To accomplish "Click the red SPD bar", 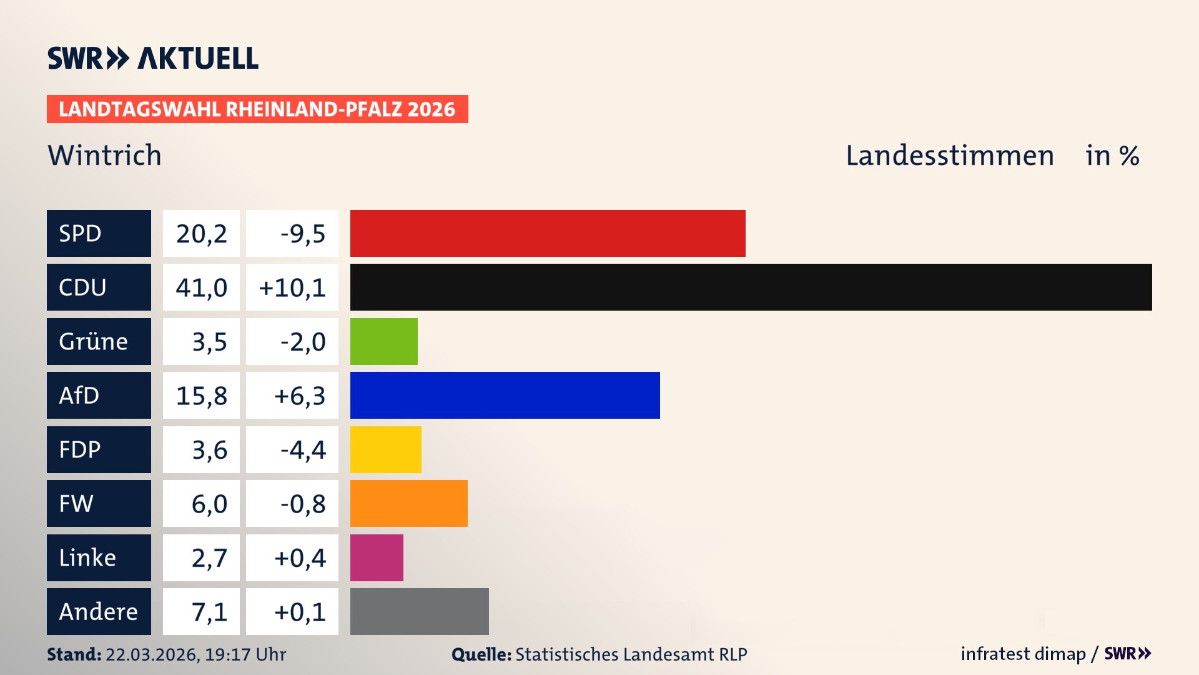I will point(548,233).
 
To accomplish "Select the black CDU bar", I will point(751,287).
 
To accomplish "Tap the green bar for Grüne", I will point(383,341).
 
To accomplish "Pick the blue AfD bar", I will point(505,395).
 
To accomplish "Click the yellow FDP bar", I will point(385,449).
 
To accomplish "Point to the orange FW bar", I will point(408,503).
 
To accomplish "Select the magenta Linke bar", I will point(377,557).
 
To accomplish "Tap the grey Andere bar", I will point(419,611).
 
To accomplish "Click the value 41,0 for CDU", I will point(201,287).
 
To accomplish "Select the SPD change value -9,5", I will point(302,234).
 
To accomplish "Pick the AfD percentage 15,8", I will point(201,396).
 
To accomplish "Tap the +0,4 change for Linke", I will point(300,558).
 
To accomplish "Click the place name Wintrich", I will point(104,155).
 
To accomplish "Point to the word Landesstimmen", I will point(949,156).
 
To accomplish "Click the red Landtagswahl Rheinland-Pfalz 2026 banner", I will point(257,109).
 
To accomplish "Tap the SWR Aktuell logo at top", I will point(152,58).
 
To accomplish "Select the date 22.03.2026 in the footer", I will point(152,654).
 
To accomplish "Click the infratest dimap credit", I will point(1022,654).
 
